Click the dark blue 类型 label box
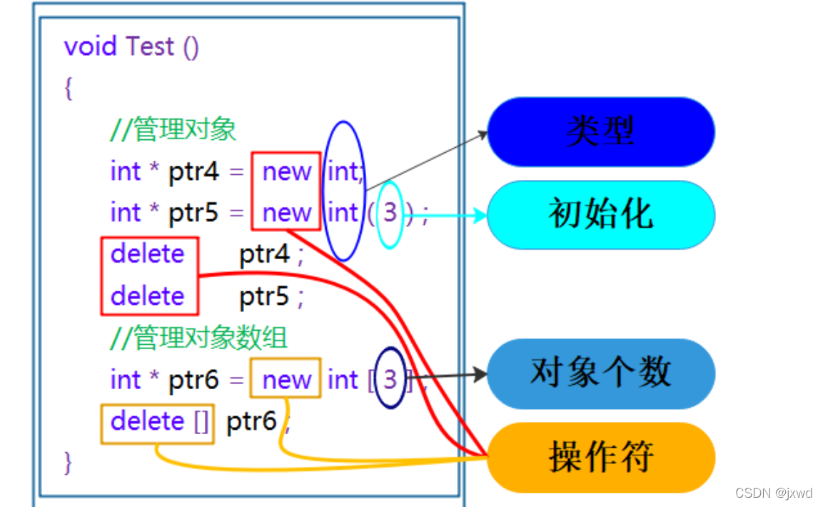(600, 132)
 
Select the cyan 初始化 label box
(600, 214)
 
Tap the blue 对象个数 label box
(600, 373)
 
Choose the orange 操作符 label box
(600, 457)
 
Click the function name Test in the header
(150, 46)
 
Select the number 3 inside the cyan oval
(390, 213)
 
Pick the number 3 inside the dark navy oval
(390, 379)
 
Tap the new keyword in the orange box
(286, 380)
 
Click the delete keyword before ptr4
(148, 254)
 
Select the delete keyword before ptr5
(148, 296)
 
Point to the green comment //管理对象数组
(199, 338)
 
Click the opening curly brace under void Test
(69, 89)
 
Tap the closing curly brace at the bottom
(69, 463)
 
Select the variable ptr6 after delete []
(251, 422)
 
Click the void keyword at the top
(90, 46)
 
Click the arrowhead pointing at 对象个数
(480, 374)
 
